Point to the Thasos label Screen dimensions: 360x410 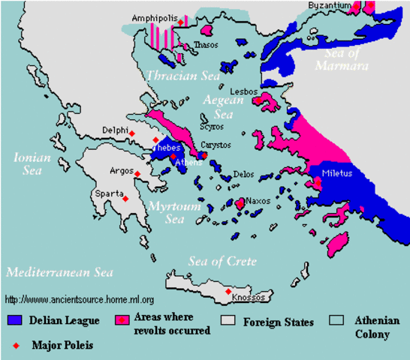[x=206, y=45]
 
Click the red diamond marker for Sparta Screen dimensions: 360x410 [x=125, y=199]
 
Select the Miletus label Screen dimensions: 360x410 [x=335, y=172]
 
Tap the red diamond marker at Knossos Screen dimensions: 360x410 [x=228, y=291]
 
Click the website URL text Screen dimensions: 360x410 [x=80, y=299]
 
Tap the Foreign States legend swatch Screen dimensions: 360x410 [x=232, y=319]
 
